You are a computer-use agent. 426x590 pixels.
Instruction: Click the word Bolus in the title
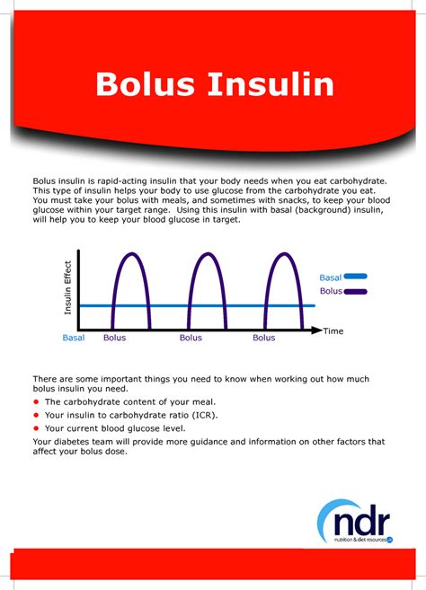point(145,84)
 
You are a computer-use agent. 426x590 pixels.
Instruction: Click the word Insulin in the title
point(271,84)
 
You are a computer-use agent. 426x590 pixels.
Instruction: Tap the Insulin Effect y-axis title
point(67,287)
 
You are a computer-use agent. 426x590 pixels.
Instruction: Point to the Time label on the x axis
point(333,331)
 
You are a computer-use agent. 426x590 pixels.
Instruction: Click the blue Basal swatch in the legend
point(355,277)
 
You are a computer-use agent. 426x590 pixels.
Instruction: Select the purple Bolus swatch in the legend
point(355,291)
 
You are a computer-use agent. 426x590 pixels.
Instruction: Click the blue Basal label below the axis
point(74,338)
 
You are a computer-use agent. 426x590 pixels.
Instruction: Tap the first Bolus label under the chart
point(114,338)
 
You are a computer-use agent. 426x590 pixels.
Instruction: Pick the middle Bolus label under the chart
point(191,338)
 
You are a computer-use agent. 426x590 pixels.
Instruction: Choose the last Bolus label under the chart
point(263,338)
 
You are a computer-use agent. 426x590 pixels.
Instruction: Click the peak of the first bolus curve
point(131,253)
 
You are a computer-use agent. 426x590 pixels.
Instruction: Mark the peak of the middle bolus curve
point(208,253)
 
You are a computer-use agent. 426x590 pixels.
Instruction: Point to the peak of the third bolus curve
point(284,253)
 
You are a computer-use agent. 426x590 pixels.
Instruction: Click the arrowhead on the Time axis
point(316,330)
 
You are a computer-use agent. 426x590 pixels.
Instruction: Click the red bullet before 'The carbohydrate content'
point(36,401)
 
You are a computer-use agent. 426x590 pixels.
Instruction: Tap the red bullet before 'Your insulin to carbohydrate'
point(36,415)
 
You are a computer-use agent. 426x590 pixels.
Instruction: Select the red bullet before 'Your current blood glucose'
point(36,428)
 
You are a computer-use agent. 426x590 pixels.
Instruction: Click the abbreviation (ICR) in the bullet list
point(205,416)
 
